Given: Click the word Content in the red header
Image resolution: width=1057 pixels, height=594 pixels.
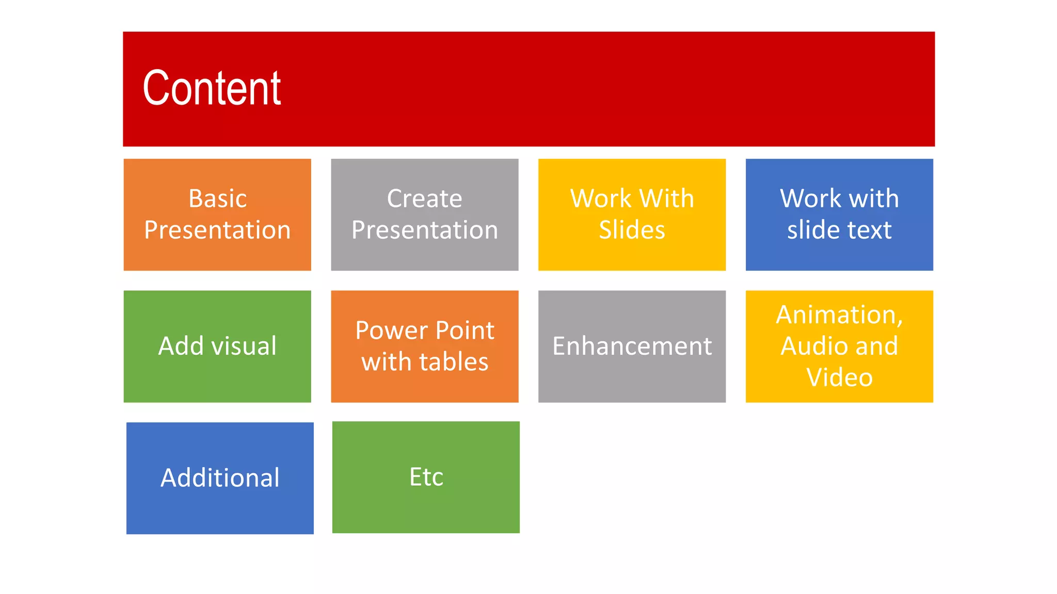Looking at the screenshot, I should [212, 89].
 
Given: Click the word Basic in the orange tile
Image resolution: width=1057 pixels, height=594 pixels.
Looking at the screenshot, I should [217, 199].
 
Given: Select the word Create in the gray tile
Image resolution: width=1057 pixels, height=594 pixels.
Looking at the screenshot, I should [424, 199].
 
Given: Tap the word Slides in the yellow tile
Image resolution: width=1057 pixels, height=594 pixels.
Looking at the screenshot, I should [632, 230].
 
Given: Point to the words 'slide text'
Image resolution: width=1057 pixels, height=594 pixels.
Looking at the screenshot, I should [839, 230].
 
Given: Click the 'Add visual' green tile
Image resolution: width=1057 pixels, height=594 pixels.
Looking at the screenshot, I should [217, 346].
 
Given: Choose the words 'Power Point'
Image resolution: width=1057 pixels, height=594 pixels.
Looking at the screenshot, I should [425, 331].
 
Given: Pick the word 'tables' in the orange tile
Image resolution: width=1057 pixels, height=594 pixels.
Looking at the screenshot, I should [454, 362].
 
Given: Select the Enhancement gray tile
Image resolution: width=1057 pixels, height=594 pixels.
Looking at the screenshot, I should [632, 346].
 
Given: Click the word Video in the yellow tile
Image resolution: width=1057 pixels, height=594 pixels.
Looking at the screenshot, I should [839, 377].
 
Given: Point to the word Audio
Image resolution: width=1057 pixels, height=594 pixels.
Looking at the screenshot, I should [812, 346].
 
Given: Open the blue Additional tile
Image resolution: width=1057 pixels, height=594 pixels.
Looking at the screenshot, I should [220, 478].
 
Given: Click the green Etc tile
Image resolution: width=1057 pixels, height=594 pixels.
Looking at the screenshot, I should [426, 477].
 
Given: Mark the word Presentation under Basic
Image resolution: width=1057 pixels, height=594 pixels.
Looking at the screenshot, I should [217, 230].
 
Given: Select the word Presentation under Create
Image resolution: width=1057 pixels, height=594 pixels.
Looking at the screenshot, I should [424, 230].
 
